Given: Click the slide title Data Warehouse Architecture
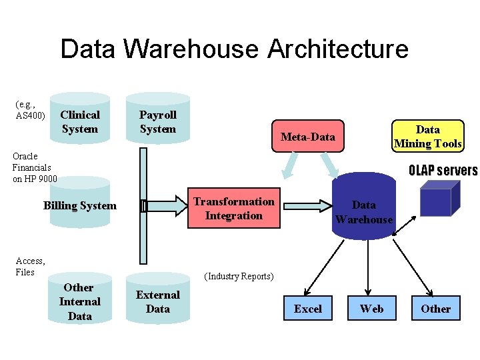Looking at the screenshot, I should (234, 49).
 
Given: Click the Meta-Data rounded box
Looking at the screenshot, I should (307, 137).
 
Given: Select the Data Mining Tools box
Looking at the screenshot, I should (427, 136).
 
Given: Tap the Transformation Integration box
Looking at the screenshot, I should (233, 209).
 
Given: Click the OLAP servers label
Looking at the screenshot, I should (443, 171).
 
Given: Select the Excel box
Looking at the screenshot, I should (307, 309).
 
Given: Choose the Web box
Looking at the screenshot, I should (371, 309).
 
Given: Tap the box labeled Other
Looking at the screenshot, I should (435, 309).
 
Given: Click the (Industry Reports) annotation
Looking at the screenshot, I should (239, 276).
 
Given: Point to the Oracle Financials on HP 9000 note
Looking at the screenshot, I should (35, 167).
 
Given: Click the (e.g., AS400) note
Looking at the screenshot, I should (30, 110).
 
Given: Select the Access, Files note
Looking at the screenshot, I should (30, 266).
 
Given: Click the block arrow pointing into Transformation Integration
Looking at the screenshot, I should (167, 206).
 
